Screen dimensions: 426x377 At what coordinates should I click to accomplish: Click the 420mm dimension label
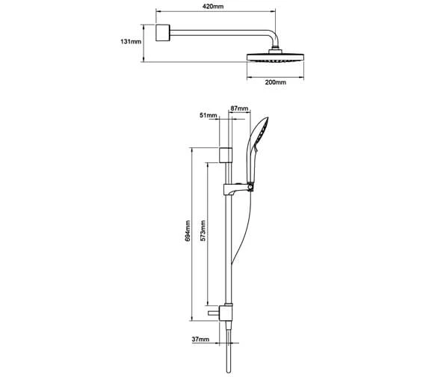pos(213,6)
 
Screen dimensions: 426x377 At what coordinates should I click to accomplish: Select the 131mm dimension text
pos(131,42)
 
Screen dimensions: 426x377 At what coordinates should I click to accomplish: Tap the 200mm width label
pos(276,82)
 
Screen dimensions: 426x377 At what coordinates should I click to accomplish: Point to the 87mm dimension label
pos(239,108)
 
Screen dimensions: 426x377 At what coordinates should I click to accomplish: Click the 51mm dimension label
pos(209,115)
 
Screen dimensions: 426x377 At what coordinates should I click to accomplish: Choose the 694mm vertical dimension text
pos(188,230)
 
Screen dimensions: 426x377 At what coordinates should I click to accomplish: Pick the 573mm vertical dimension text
pos(203,230)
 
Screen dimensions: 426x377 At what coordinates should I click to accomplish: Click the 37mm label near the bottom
pos(200,339)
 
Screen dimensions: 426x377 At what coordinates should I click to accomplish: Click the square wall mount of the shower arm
pos(163,33)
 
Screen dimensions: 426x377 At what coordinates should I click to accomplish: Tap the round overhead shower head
pos(275,58)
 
